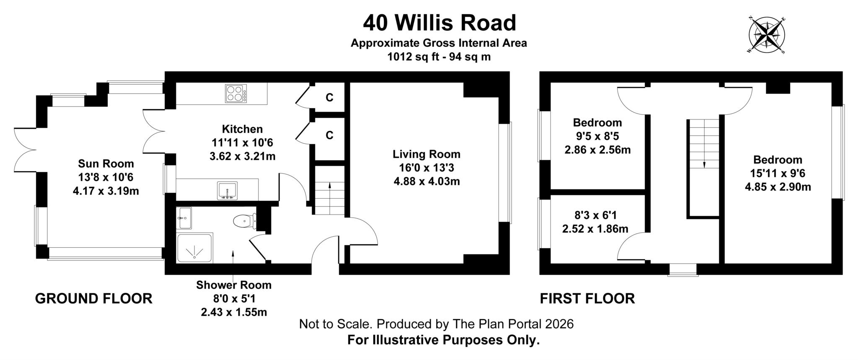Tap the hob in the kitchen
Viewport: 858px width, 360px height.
[236, 93]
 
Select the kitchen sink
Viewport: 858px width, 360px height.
[227, 190]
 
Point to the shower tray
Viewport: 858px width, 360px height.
[195, 248]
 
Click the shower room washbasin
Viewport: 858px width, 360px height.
[184, 218]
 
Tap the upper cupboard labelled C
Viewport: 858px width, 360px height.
[329, 97]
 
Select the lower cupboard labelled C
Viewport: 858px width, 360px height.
[329, 135]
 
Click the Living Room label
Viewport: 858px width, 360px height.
[426, 154]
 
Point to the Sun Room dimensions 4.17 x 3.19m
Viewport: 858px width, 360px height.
[106, 191]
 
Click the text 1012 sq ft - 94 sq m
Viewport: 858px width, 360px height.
[439, 57]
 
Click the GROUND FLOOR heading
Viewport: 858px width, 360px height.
[93, 298]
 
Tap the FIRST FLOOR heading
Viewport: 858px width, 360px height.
[587, 298]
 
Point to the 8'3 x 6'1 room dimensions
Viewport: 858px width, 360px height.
[595, 215]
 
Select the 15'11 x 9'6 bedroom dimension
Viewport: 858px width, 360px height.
[778, 173]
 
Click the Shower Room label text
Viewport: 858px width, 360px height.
[234, 285]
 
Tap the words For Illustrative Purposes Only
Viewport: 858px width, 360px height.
[443, 340]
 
